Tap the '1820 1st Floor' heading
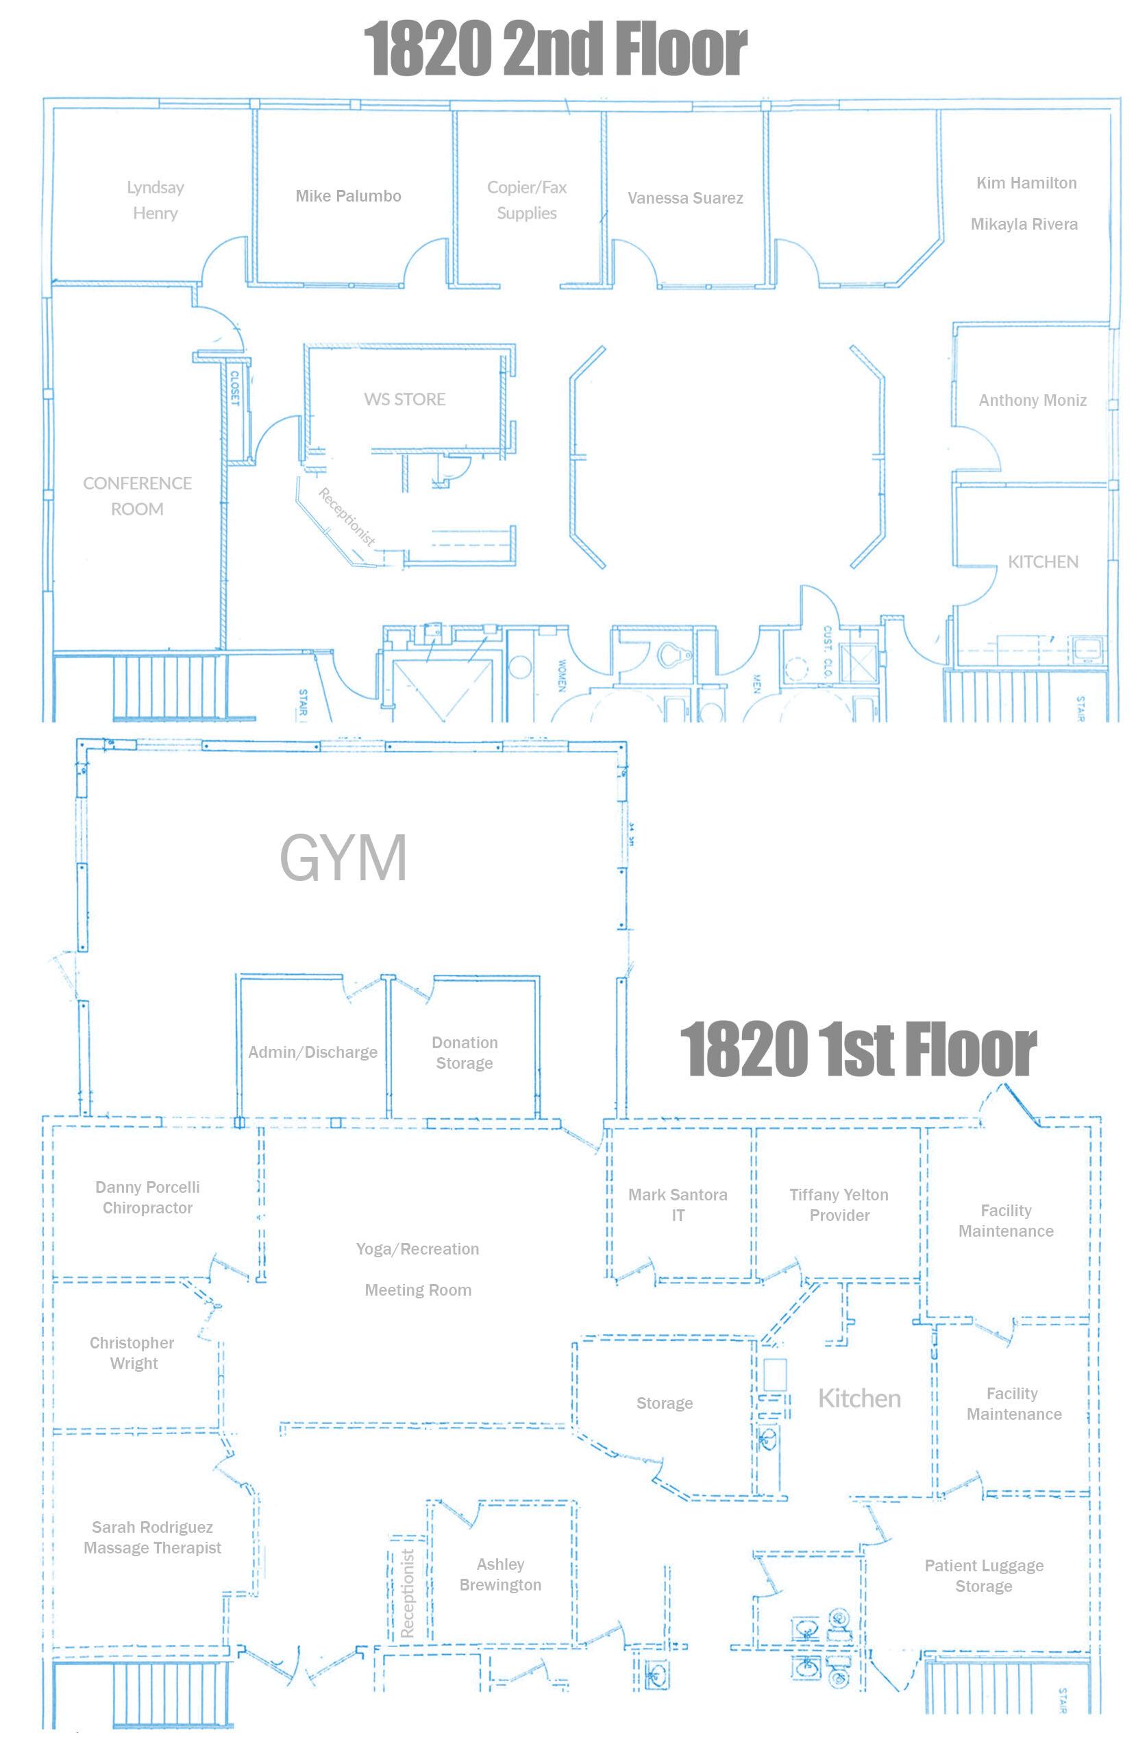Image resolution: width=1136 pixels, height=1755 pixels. tap(858, 1049)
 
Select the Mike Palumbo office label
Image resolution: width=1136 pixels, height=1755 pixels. tap(348, 196)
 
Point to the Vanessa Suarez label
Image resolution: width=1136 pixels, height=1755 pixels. tap(685, 197)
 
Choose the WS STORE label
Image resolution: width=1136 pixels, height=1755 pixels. tap(405, 399)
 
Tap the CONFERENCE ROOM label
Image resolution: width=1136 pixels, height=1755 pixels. tap(137, 496)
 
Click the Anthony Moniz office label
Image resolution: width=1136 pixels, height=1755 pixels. tap(1032, 400)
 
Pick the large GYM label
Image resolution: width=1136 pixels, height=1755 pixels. tap(343, 858)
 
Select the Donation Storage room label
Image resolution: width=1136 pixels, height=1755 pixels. tap(465, 1052)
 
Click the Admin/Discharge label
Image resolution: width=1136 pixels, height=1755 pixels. tap(312, 1052)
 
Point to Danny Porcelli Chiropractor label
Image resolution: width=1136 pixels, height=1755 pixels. tap(147, 1197)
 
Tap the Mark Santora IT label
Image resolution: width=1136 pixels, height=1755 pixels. tap(678, 1205)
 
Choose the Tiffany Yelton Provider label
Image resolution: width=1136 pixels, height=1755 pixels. tap(839, 1205)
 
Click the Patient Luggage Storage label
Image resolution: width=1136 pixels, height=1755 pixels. tap(984, 1575)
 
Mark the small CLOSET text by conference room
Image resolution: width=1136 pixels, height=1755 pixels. tap(234, 388)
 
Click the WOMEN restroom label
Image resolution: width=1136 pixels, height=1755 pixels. tap(562, 675)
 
